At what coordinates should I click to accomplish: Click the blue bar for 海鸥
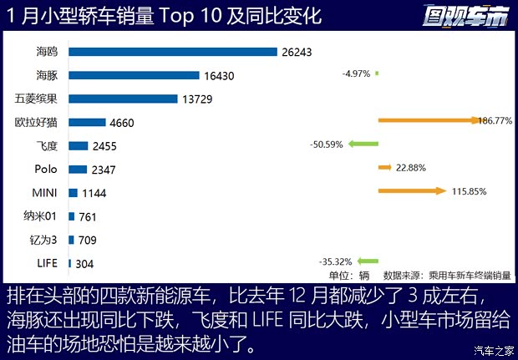point(172,52)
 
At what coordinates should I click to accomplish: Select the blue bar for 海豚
point(134,75)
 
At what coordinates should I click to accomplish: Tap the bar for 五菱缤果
point(123,99)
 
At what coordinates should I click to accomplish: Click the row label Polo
point(46,170)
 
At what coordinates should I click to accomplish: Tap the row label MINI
point(43,193)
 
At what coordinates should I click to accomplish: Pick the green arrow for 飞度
point(363,144)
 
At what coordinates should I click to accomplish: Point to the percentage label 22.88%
point(410,168)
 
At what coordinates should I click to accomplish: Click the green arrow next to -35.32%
point(368,260)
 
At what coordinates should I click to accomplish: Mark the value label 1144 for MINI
point(94,193)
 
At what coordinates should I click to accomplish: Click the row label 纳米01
point(41,216)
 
